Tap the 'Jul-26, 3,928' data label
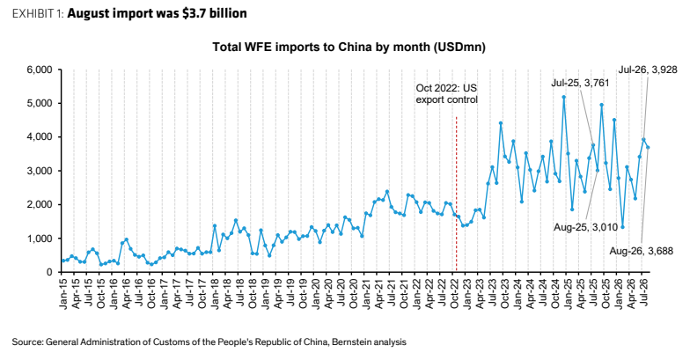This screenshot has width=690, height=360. click(648, 70)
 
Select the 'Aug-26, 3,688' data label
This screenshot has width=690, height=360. click(641, 252)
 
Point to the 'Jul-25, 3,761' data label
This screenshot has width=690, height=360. click(581, 83)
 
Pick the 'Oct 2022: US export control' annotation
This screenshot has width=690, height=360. click(447, 93)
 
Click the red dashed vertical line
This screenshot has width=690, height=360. click(456, 194)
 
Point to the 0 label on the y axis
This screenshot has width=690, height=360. click(49, 273)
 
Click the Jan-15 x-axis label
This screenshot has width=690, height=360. click(63, 292)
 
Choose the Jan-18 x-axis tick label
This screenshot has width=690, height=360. click(215, 292)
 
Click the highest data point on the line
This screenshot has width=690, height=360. click(563, 97)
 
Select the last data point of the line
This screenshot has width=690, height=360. click(648, 148)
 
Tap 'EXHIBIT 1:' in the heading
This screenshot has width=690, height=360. click(39, 14)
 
